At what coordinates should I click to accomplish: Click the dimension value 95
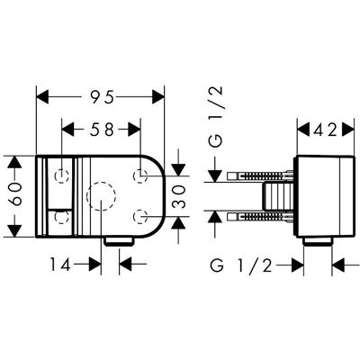click(103, 97)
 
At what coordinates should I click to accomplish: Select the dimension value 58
click(103, 130)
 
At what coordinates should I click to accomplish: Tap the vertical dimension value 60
click(15, 194)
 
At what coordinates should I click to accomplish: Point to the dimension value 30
click(179, 196)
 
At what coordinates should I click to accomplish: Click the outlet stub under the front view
click(119, 241)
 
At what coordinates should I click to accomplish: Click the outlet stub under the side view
click(318, 241)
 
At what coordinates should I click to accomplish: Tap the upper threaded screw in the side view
click(260, 175)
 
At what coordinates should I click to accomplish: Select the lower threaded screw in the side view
click(260, 218)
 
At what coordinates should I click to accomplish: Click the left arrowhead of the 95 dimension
click(42, 97)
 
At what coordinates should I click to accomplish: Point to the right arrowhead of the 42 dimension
click(348, 130)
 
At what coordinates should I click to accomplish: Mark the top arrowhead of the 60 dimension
click(14, 162)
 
